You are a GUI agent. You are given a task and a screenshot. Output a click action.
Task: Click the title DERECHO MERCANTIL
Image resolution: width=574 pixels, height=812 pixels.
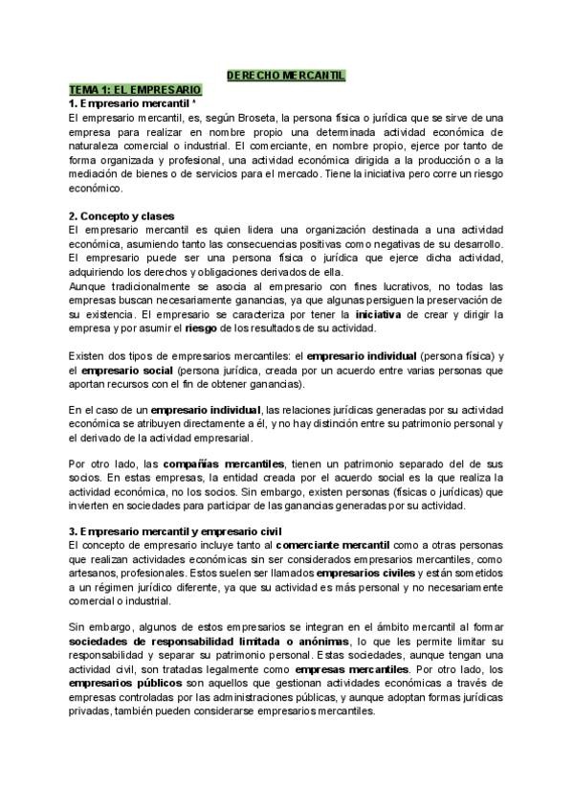(286, 75)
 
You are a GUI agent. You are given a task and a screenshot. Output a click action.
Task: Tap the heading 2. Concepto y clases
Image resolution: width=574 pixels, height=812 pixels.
(121, 216)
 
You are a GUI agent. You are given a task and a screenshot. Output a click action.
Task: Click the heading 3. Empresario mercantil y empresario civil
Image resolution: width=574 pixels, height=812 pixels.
(174, 531)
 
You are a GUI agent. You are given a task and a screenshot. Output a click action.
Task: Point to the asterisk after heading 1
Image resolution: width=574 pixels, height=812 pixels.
(194, 101)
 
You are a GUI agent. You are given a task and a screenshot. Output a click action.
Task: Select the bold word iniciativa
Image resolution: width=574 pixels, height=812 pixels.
(381, 314)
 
